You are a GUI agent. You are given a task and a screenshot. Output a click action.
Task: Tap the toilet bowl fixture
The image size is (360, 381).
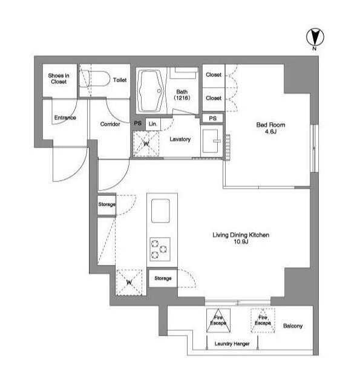point(94,79)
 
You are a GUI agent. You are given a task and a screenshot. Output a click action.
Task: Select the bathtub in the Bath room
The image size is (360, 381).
point(151,91)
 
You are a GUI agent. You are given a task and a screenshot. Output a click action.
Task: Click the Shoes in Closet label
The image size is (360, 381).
point(59,79)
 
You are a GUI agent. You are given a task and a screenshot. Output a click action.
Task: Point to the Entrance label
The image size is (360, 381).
point(65,117)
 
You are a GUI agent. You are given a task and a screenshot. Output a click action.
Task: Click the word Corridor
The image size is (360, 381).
point(110,124)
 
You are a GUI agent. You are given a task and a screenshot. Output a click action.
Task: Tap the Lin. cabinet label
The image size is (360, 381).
point(153,124)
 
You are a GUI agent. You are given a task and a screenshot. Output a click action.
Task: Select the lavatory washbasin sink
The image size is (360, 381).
point(212,141)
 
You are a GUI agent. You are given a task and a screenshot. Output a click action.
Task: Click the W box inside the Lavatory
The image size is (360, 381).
point(146,143)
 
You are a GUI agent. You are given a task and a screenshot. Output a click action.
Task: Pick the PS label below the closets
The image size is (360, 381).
point(213,119)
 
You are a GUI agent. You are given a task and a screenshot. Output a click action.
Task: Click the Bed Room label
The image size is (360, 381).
point(270,128)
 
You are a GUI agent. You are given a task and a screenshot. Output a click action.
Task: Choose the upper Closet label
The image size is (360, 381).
point(214,74)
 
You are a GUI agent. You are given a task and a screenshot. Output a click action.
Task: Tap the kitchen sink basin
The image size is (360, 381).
point(160,210)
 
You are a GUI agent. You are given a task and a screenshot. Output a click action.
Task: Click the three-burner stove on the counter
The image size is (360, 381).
point(160,249)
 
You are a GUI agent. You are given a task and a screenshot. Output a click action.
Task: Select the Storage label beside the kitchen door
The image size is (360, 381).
point(106,204)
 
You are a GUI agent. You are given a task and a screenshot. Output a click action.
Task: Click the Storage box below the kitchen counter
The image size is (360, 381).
point(163,278)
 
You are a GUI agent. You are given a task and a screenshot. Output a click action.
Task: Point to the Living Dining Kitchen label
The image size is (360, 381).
point(241,238)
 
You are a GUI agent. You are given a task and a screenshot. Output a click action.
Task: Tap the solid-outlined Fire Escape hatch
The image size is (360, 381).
point(218,321)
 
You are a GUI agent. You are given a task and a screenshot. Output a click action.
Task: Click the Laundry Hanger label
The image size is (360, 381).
point(232,344)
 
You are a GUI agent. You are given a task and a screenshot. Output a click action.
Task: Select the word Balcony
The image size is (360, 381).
point(293,326)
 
